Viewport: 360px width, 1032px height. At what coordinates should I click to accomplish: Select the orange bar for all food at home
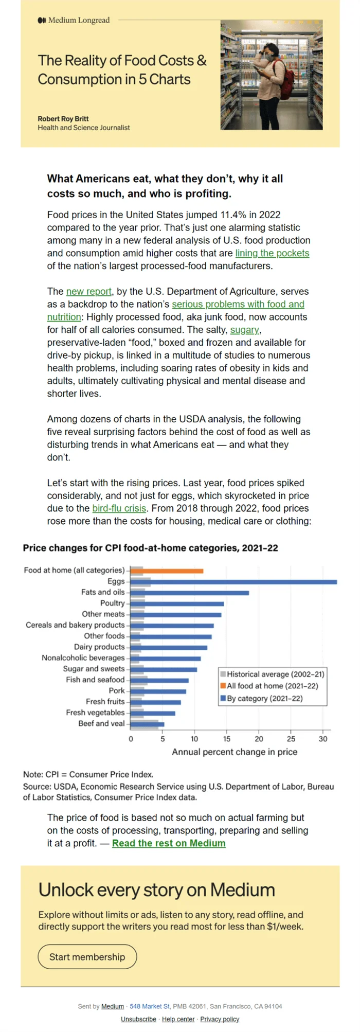coord(173,571)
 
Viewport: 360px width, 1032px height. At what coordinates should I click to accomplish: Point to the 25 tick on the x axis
coord(291,739)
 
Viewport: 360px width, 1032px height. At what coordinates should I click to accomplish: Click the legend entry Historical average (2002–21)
coord(273,674)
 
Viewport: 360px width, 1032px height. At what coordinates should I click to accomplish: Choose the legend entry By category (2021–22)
coord(262,699)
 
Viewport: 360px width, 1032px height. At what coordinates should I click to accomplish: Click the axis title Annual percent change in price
coord(235,752)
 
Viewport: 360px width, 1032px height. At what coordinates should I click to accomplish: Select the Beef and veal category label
coord(101,723)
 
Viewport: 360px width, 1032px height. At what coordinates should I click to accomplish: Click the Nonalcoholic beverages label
coord(83,658)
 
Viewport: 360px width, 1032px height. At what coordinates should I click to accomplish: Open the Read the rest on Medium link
coord(169,843)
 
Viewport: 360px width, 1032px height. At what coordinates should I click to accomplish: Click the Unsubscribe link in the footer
coord(138,1019)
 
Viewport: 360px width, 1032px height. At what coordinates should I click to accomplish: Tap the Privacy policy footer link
coord(220,1019)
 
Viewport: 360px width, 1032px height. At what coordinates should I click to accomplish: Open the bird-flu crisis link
coord(119,508)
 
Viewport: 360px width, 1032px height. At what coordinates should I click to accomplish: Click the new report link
coord(89,292)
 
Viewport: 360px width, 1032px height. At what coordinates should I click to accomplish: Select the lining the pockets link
coord(273,253)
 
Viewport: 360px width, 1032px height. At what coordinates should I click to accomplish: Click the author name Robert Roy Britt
coord(63,119)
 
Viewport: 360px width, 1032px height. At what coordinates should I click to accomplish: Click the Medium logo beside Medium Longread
coord(42,20)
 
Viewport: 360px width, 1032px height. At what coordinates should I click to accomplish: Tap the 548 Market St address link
coord(150,1006)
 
